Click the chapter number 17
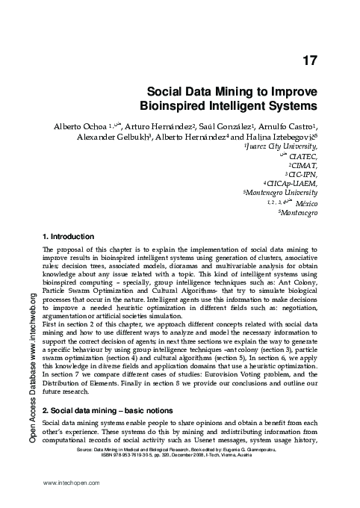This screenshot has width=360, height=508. (308, 61)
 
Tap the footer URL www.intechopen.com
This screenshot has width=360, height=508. (72, 484)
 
